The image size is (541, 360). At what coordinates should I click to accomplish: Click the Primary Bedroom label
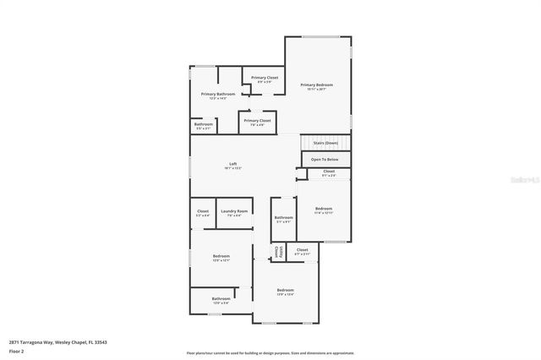317,85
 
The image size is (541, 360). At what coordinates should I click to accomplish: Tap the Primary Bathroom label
218,94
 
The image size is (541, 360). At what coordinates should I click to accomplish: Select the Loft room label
233,164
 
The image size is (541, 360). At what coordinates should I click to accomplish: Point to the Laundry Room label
234,211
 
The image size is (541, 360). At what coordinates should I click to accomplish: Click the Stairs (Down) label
325,144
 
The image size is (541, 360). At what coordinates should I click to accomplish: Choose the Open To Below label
325,159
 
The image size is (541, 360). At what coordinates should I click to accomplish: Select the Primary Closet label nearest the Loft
257,121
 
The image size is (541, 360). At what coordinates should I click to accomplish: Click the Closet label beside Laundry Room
203,211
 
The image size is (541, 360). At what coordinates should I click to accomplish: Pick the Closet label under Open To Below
329,172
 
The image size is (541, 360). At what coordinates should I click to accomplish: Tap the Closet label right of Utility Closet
302,250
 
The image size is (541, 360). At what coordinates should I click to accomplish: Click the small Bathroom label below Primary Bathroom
204,125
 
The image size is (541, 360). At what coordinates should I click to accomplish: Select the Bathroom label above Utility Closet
283,218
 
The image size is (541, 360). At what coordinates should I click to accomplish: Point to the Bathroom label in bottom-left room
221,298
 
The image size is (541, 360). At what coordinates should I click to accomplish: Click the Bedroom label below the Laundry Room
221,256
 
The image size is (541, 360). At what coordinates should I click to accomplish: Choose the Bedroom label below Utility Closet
286,291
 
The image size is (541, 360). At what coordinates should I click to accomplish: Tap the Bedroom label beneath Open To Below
324,209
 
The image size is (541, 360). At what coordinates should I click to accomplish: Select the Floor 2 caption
17,351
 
